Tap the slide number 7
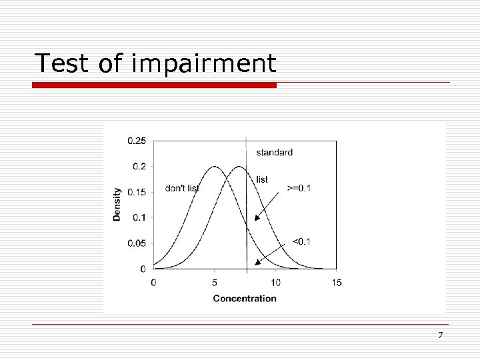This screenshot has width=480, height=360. coord(440,335)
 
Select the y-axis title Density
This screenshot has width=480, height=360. coord(117,204)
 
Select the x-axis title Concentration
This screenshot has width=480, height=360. coord(245,298)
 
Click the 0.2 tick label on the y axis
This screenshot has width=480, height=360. coord(139,166)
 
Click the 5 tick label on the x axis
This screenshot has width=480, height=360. coord(215,283)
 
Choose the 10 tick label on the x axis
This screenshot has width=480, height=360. coord(275,283)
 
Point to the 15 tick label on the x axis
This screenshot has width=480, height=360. coord(336,283)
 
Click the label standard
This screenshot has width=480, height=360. coord(274,153)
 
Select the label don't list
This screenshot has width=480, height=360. coord(182,189)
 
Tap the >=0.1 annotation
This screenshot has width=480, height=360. coord(299,188)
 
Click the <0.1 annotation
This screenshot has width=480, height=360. coord(301,241)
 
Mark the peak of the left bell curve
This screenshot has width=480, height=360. coord(215,167)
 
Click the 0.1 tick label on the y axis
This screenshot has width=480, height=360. coord(139,217)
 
